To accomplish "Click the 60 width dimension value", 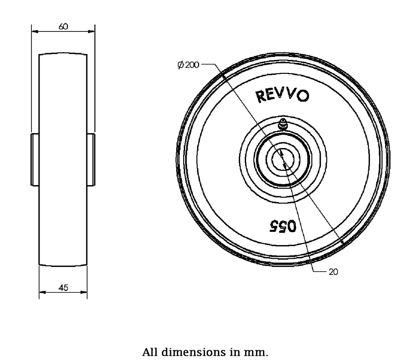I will [63, 27].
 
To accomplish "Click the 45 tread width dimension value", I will [63, 287].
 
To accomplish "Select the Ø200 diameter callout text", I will [188, 65].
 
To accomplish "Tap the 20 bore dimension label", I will [333, 272].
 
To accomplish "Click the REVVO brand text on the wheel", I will [282, 96].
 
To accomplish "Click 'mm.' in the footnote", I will [259, 352].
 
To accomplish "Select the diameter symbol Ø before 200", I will [180, 65].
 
